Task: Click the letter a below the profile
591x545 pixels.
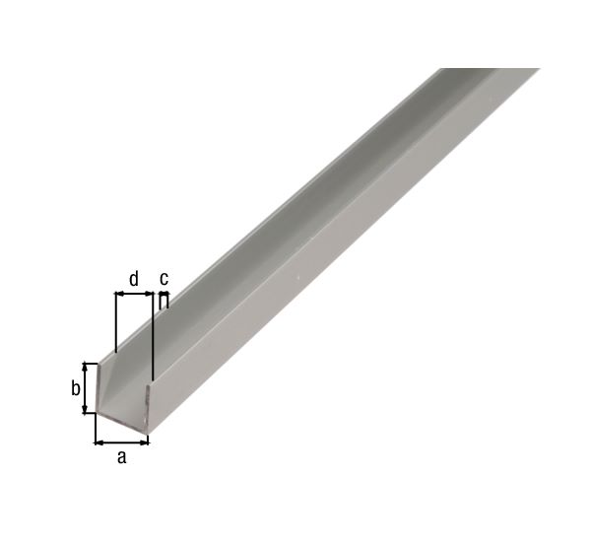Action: click(x=121, y=456)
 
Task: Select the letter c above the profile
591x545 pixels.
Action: click(x=164, y=277)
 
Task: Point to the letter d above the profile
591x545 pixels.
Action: click(x=134, y=277)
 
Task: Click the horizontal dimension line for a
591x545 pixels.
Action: click(x=121, y=441)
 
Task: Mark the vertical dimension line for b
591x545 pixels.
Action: click(x=87, y=388)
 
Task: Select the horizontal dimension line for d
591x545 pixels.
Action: click(x=135, y=293)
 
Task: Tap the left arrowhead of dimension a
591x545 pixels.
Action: click(x=98, y=441)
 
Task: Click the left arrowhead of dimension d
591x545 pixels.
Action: click(x=119, y=293)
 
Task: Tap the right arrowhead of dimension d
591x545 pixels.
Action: click(x=150, y=293)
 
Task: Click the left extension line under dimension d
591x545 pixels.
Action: click(x=115, y=320)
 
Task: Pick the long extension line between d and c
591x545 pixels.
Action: click(x=154, y=335)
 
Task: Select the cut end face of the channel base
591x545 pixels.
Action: click(x=122, y=425)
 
